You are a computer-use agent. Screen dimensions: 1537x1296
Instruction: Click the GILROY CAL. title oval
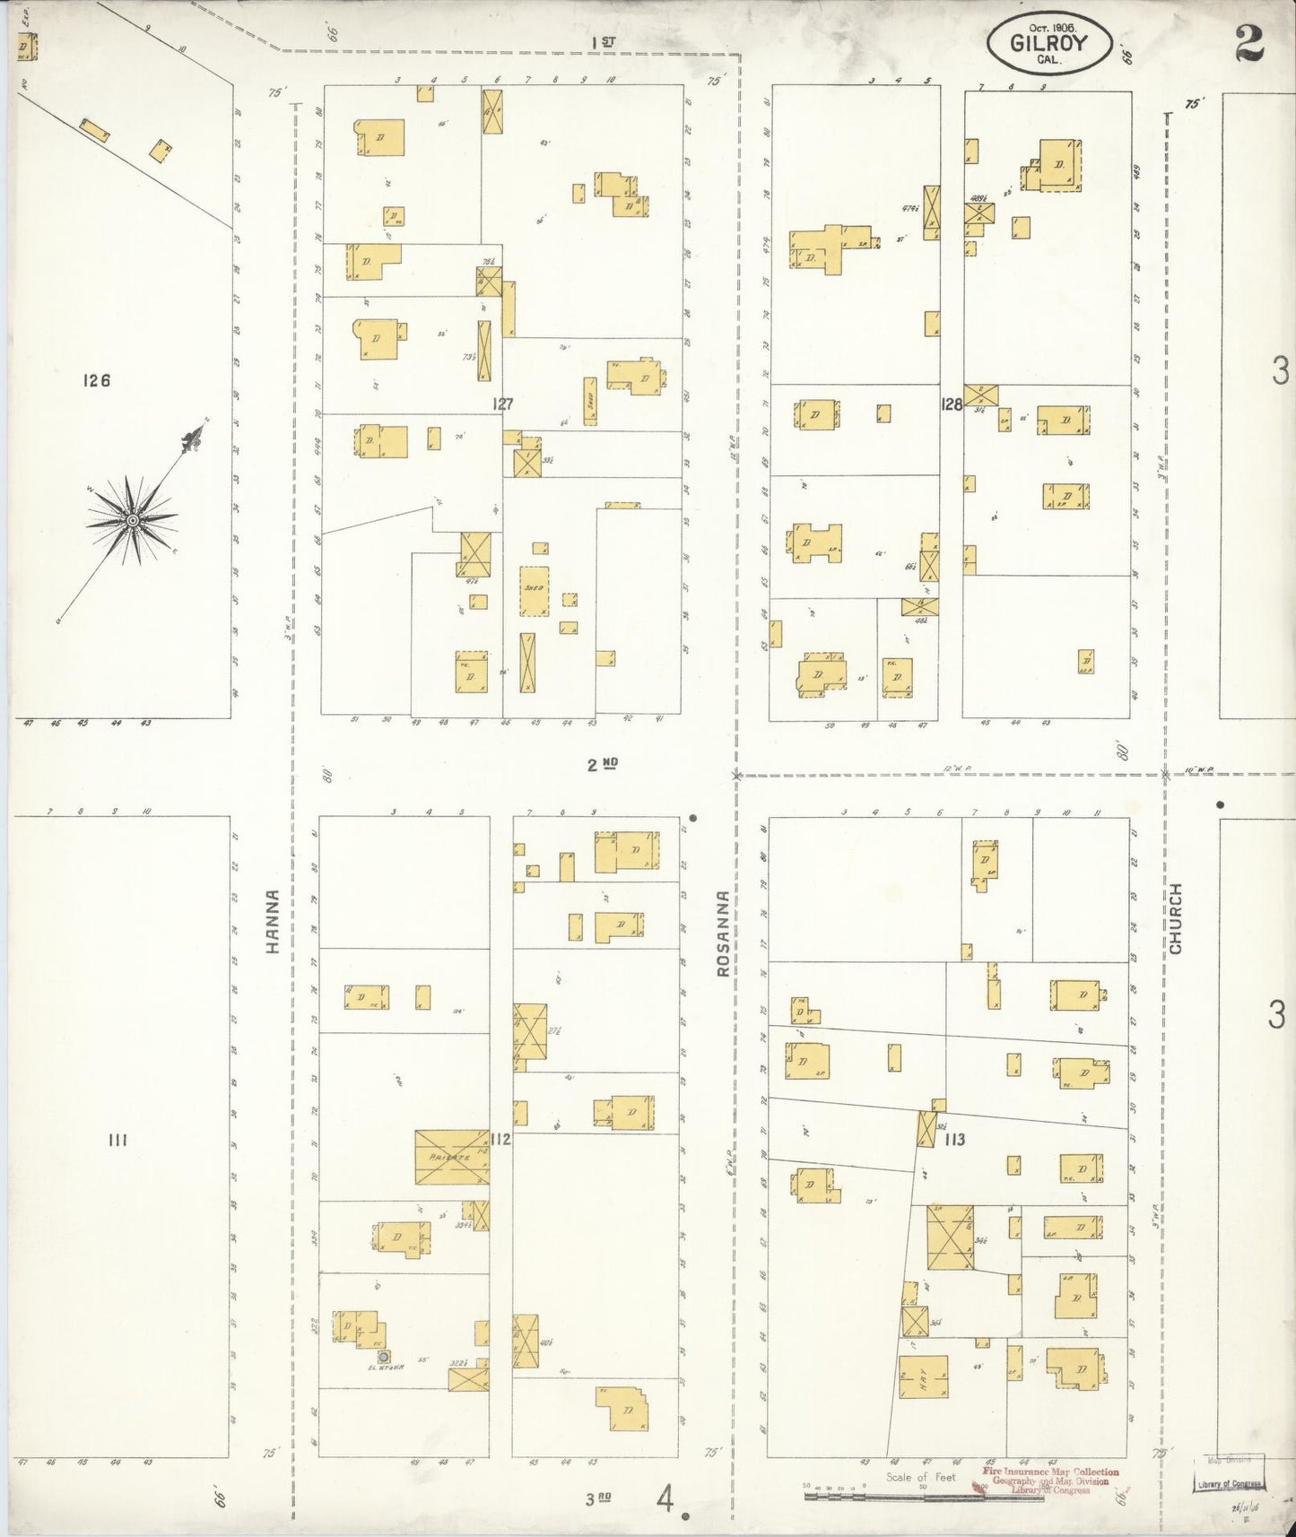coord(1049,43)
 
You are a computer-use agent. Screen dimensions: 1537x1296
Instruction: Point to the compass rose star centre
coord(132,520)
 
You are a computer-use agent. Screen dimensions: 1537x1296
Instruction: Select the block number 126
coord(95,380)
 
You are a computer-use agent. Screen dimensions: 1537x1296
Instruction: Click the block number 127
coord(502,404)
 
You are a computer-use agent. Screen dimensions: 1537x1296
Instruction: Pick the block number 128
coord(952,404)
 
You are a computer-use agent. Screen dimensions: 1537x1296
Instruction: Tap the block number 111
coord(117,1141)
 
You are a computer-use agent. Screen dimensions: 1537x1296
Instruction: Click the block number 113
coord(953,1140)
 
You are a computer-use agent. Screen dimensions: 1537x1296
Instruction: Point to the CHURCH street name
coord(1176,918)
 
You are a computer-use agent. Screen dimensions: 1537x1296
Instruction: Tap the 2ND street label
coord(604,765)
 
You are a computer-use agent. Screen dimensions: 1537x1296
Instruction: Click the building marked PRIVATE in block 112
coord(452,1157)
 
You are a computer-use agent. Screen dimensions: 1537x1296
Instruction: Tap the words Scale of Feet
coord(920,1477)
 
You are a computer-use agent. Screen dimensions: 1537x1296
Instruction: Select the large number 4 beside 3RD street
coord(665,1498)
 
